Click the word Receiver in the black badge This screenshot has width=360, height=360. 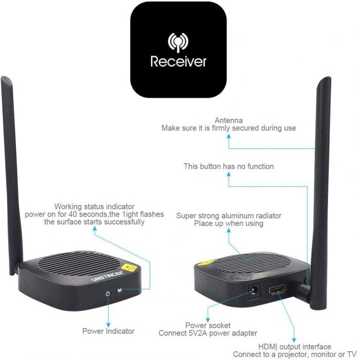178,62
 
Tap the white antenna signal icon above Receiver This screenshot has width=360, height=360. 178,43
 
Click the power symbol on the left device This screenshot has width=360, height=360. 107,294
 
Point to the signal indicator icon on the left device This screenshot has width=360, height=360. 120,291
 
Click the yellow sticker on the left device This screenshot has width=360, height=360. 129,267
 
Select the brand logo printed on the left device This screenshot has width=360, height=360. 107,276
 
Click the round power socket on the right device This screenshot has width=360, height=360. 254,292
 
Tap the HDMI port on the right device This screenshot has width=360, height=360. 277,289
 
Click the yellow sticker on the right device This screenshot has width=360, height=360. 206,263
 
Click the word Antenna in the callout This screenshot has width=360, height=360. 228,120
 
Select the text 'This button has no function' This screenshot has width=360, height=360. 229,166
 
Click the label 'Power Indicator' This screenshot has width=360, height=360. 109,331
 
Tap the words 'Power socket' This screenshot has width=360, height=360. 208,326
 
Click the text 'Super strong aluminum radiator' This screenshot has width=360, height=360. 229,216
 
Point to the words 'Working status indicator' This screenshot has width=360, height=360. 94,207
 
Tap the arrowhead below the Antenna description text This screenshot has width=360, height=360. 229,136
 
